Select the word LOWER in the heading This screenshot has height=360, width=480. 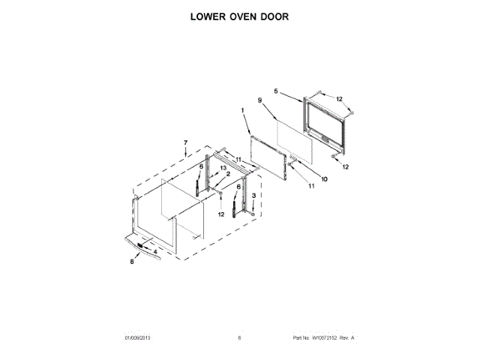(x=202, y=16)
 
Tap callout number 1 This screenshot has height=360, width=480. (x=243, y=112)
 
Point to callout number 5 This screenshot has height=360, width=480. (x=276, y=91)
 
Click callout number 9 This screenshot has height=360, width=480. (x=259, y=100)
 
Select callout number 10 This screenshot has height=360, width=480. (x=325, y=178)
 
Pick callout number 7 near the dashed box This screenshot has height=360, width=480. (x=186, y=142)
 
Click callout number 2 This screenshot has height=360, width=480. (x=228, y=175)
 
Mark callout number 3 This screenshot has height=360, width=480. (x=253, y=196)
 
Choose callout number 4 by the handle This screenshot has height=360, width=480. (x=155, y=251)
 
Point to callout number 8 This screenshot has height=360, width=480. (x=132, y=262)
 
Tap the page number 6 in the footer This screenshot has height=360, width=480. (x=239, y=338)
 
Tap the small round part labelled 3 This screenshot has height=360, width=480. (x=253, y=214)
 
